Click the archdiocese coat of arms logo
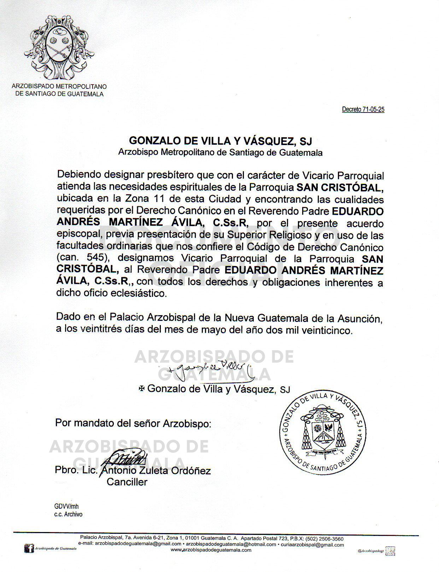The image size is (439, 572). click(59, 47)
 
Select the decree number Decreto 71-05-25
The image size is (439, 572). click(363, 109)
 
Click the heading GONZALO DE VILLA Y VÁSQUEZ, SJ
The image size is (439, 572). click(220, 141)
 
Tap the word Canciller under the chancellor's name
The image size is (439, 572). click(127, 482)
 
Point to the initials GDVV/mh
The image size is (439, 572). click(66, 507)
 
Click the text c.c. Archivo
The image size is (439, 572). click(68, 514)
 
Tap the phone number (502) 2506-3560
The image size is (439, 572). click(324, 539)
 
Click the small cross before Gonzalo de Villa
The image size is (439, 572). click(142, 388)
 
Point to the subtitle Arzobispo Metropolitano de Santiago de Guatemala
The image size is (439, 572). click(220, 153)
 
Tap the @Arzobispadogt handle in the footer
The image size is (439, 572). click(370, 551)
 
